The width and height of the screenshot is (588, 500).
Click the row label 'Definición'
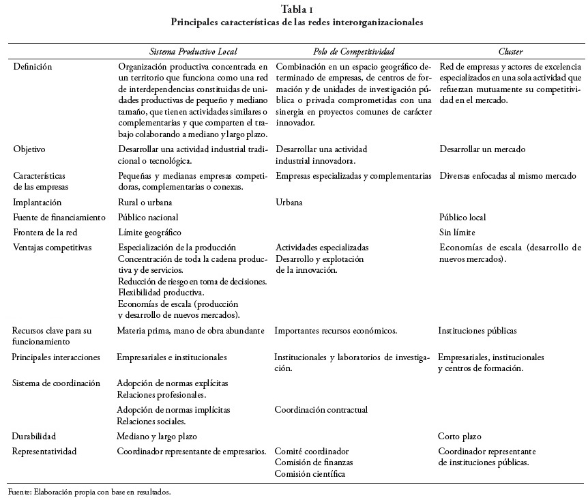(32, 67)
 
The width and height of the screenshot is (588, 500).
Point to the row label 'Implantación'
(38, 202)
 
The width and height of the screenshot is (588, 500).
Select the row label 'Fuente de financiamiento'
(59, 217)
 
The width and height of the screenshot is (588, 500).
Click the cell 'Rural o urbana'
(145, 202)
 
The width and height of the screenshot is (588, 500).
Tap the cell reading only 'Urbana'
(290, 202)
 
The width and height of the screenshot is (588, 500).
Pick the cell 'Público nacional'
(148, 217)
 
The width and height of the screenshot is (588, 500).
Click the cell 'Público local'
(462, 217)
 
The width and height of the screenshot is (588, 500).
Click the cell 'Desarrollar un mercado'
(482, 149)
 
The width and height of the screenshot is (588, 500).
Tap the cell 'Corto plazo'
(459, 435)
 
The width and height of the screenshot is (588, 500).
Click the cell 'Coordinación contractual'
(321, 409)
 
